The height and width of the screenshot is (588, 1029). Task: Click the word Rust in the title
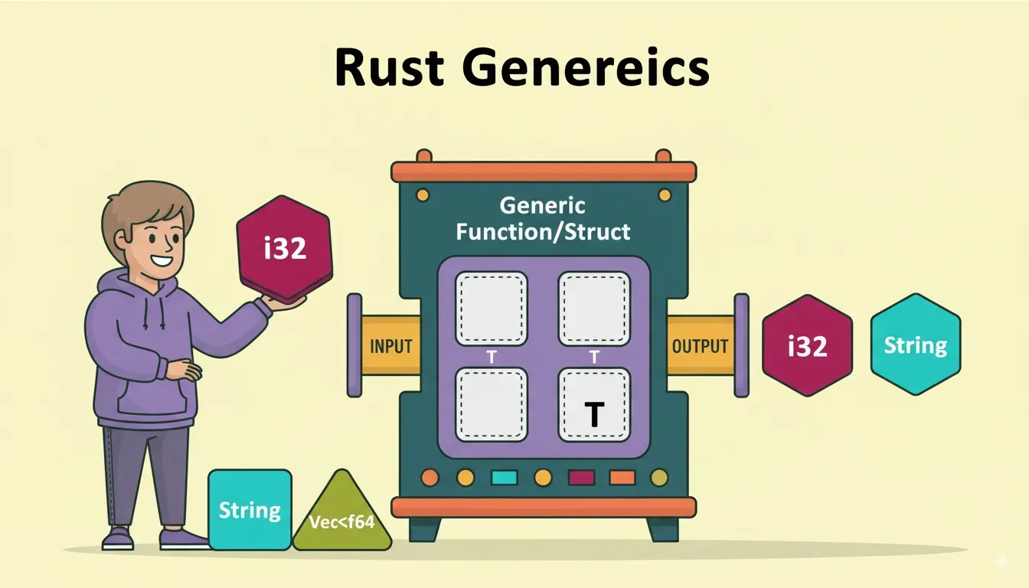pos(390,68)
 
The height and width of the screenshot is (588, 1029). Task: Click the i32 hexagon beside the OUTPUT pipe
pos(807,346)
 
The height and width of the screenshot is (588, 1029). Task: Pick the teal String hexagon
pos(915,345)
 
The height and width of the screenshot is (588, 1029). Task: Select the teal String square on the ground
pos(250,509)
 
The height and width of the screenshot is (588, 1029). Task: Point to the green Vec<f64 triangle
pos(341,521)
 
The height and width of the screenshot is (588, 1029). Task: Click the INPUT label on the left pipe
pos(391,346)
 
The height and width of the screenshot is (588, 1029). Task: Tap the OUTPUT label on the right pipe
pos(700,346)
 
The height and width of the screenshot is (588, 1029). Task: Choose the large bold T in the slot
pos(594,413)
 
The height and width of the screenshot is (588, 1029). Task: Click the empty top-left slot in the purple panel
pos(492,309)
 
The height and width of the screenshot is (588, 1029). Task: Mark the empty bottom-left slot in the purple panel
pos(492,404)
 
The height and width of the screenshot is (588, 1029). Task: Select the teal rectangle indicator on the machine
pos(504,478)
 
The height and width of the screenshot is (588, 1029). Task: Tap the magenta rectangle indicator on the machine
pos(582,478)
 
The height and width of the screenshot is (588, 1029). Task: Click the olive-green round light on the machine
pos(658,478)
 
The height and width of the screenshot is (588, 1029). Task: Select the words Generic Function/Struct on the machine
pos(542,219)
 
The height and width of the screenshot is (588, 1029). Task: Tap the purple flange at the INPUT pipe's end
pos(354,345)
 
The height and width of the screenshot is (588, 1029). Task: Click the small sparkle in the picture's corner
pos(1001,561)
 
